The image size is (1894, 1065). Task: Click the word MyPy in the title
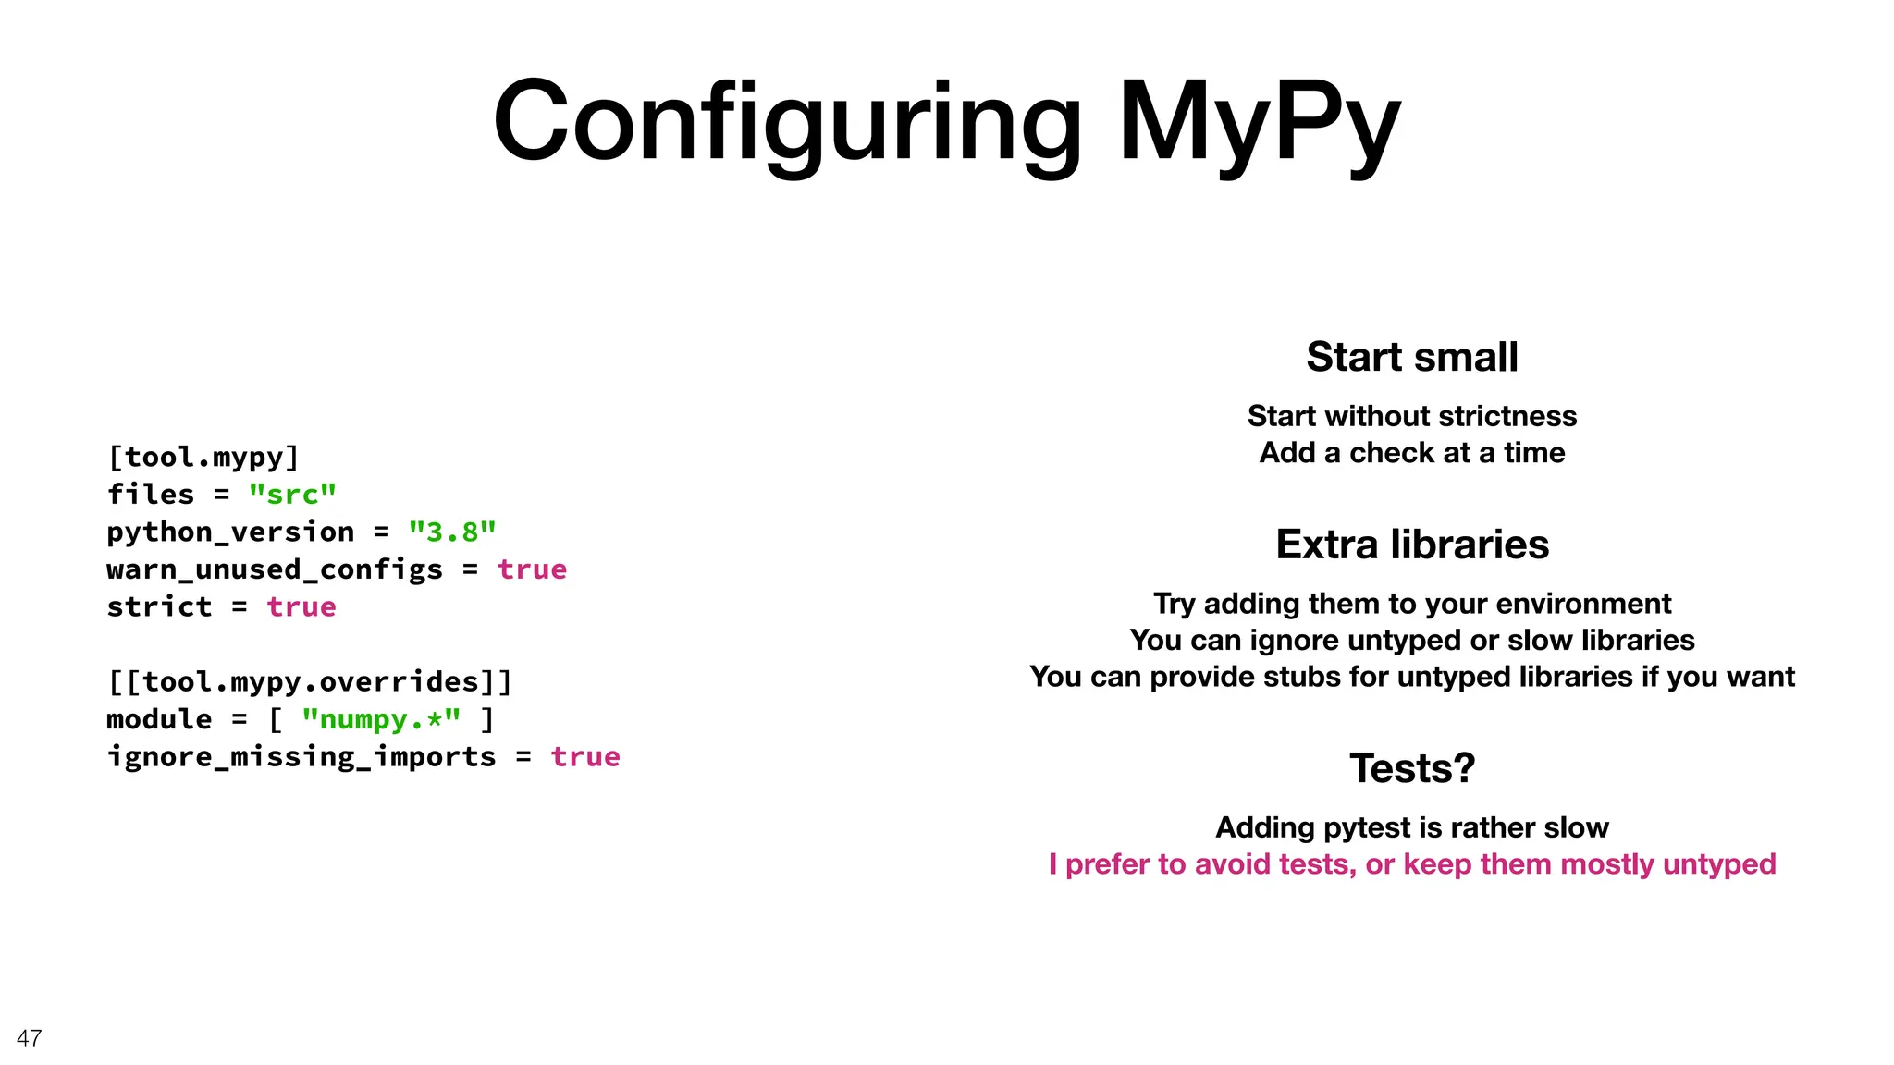click(x=1260, y=123)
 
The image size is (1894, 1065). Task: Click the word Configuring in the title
click(x=787, y=123)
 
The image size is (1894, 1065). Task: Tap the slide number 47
click(x=29, y=1038)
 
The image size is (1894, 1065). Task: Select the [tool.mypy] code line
click(x=203, y=458)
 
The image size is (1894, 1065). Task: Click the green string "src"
click(x=292, y=495)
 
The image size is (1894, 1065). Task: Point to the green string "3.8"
click(x=452, y=532)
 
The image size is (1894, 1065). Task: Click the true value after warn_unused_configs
click(x=532, y=569)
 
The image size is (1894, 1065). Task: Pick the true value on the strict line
click(x=301, y=607)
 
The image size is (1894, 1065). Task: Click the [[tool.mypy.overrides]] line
click(x=310, y=682)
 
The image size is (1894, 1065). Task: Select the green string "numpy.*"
click(x=381, y=719)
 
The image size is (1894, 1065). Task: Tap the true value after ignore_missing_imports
click(x=585, y=757)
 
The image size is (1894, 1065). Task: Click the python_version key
click(x=230, y=532)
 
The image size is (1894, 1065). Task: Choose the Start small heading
click(x=1412, y=357)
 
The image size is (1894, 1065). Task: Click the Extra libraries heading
click(x=1412, y=545)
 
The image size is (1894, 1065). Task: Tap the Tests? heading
click(x=1412, y=768)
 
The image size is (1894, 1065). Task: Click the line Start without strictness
click(x=1412, y=416)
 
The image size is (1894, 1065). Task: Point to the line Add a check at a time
click(x=1412, y=453)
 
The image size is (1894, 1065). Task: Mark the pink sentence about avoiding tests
click(x=1412, y=864)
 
